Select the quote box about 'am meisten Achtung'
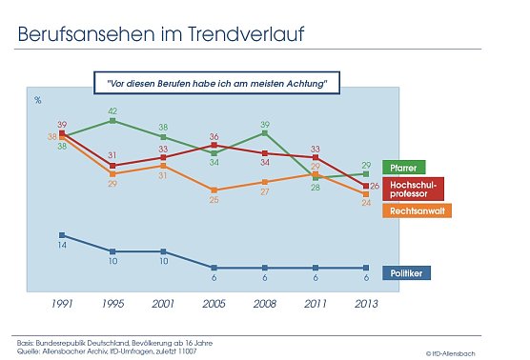tap(217, 83)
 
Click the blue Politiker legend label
tap(408, 273)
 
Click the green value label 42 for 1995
tap(112, 110)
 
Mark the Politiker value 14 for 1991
tap(62, 246)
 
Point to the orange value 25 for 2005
tap(214, 200)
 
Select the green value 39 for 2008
tap(266, 124)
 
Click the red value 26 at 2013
tap(375, 185)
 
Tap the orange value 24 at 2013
tap(367, 203)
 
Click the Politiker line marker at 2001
tap(163, 251)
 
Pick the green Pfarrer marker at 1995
tap(112, 121)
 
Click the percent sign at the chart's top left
tap(38, 98)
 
